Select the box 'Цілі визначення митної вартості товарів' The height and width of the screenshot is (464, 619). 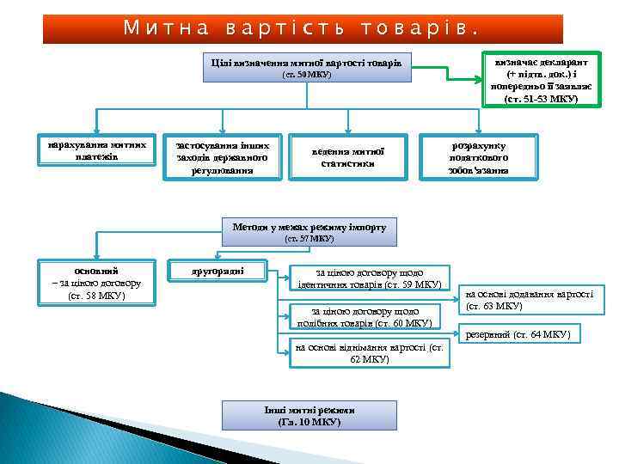[307, 66]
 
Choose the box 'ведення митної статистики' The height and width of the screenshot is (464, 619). [347, 157]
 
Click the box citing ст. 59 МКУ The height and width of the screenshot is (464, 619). [369, 277]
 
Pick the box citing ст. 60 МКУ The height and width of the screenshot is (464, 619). [365, 316]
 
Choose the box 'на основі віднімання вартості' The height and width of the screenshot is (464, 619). [369, 353]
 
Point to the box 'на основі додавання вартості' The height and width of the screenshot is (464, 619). [529, 299]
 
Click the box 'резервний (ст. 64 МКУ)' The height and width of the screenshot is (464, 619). [518, 333]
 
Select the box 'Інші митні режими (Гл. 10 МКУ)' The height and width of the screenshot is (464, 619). [310, 416]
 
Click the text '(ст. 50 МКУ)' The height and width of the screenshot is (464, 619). [307, 75]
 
